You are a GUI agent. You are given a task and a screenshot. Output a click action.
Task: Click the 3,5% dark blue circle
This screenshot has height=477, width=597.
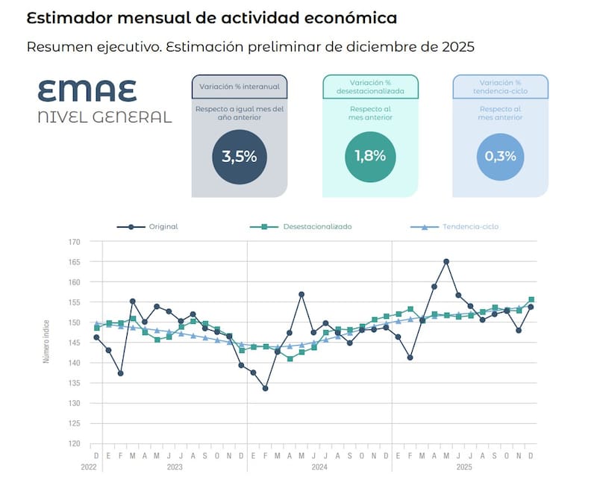click(x=239, y=157)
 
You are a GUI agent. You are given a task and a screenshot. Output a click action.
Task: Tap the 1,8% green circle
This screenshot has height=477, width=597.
click(x=370, y=157)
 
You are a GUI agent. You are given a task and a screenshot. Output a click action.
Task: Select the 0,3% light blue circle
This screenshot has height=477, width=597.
click(x=501, y=157)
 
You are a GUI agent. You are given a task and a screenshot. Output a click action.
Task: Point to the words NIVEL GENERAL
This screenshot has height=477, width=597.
click(x=104, y=116)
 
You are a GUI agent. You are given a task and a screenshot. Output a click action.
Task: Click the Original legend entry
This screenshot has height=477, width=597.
click(x=163, y=226)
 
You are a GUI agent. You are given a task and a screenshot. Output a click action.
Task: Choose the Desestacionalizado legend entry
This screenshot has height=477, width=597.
click(x=317, y=226)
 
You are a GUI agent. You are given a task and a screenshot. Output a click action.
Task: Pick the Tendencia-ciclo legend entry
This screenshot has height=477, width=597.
click(x=470, y=226)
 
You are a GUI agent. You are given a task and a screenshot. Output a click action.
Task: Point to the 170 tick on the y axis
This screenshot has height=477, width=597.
click(x=74, y=242)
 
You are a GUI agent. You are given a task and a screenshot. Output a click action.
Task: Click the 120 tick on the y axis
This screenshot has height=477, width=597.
click(x=74, y=443)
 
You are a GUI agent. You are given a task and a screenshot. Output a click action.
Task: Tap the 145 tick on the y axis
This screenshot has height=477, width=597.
click(x=74, y=343)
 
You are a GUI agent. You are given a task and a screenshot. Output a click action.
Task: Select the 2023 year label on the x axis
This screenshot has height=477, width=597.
click(x=175, y=467)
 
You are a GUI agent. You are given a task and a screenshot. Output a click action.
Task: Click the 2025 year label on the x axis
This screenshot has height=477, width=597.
click(x=464, y=467)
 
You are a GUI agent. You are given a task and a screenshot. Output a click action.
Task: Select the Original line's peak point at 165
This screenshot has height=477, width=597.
click(x=446, y=261)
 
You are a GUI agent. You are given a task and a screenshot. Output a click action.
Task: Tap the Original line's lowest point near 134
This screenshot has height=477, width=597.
click(x=266, y=388)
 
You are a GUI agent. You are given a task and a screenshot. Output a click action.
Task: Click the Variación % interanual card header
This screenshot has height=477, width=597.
click(x=239, y=86)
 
